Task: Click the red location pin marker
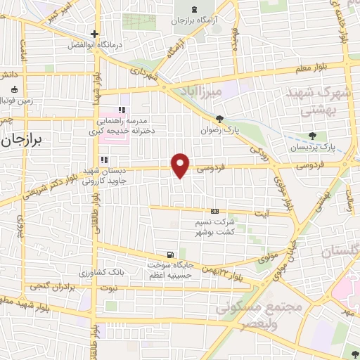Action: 181,165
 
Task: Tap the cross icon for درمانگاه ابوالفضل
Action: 94,34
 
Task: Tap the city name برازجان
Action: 22,140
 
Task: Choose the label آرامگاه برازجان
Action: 193,20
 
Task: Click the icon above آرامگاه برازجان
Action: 193,8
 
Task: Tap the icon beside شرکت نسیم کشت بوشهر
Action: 214,211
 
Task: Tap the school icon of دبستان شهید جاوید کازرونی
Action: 103,160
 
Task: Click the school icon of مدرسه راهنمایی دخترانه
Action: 122,110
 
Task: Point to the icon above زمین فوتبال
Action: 15,89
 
